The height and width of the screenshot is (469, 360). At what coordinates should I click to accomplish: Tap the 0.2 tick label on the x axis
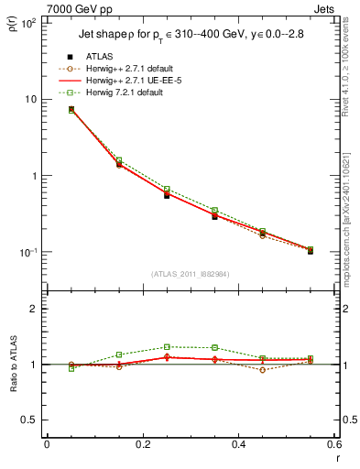(x=142, y=444)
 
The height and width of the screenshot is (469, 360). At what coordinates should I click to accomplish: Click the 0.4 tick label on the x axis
(x=238, y=444)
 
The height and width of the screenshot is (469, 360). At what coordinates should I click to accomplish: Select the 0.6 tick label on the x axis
(x=333, y=444)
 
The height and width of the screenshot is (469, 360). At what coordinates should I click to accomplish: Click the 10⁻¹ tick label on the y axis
(x=27, y=252)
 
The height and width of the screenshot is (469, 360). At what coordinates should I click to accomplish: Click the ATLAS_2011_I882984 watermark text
(x=190, y=273)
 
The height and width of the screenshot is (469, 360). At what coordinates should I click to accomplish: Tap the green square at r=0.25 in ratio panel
(x=167, y=347)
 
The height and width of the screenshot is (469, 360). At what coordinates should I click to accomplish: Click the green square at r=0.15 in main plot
(x=118, y=160)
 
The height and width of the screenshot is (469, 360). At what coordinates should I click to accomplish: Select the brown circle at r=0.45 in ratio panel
(x=262, y=370)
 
